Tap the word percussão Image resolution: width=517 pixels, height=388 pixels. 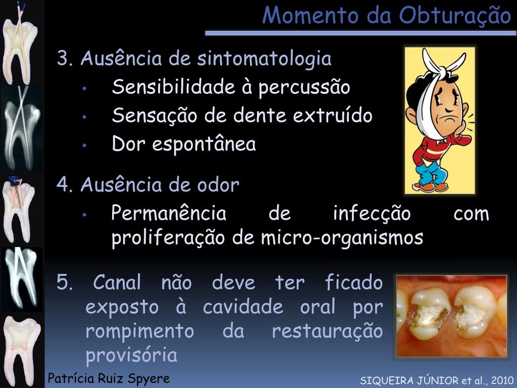(304, 87)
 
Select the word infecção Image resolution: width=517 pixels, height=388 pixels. (372, 214)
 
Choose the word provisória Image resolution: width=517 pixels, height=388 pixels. (131, 356)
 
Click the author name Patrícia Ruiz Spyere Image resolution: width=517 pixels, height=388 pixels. (109, 378)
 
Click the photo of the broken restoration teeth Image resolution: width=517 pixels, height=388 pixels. (451, 316)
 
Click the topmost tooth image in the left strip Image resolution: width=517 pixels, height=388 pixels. (20, 43)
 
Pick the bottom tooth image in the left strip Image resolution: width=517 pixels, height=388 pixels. (20, 351)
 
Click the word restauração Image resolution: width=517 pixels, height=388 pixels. (327, 332)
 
